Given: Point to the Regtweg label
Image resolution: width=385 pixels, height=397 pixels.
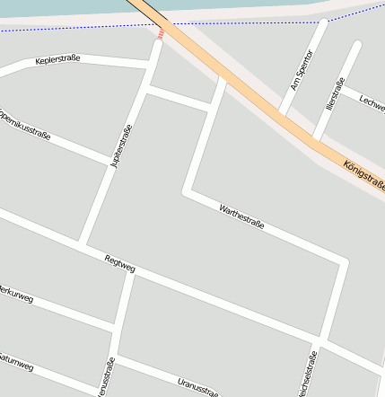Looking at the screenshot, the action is (x=119, y=264).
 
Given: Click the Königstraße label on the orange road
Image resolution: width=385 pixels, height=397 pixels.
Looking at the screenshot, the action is (x=363, y=176).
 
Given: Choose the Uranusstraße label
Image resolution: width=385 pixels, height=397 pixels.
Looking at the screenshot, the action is (x=197, y=386).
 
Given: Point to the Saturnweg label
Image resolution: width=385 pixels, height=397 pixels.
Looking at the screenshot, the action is (x=16, y=362).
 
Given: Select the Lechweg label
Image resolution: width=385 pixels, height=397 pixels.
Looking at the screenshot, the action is (x=371, y=105).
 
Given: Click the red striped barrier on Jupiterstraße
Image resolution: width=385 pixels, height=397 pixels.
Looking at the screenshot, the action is (x=161, y=34).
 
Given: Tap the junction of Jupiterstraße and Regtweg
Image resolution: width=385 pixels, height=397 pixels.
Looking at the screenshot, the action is (x=83, y=244).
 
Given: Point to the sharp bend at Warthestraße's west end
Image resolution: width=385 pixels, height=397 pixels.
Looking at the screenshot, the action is (x=188, y=191).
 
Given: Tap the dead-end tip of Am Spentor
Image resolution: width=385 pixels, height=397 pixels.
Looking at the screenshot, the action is (x=323, y=22).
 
